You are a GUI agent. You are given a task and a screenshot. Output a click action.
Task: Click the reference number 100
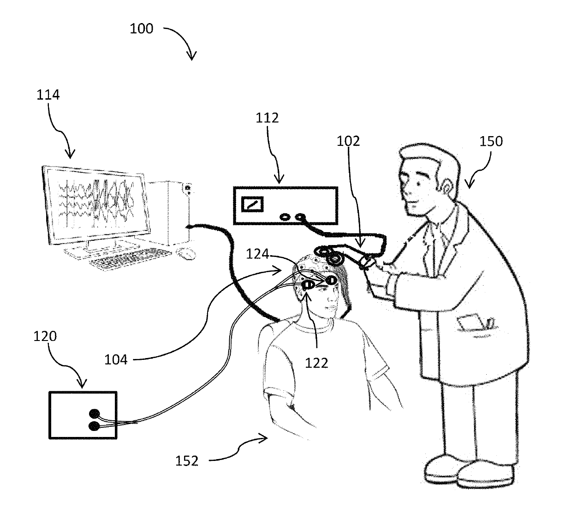[x=141, y=29]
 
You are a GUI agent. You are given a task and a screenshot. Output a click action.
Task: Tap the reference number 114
[x=48, y=95]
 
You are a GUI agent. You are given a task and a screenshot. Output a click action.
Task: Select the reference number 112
[x=268, y=118]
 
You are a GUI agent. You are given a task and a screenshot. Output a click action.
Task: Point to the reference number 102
[x=348, y=141]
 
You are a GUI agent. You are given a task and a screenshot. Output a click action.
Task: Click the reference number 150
[x=491, y=141]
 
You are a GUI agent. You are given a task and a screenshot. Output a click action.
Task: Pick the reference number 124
[x=257, y=254]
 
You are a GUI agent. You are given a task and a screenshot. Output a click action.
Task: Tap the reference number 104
[x=116, y=359]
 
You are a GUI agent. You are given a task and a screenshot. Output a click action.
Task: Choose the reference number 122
[x=317, y=363]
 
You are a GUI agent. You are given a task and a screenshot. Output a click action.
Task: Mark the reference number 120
[x=45, y=336]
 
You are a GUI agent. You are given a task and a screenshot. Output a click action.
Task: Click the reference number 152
[x=187, y=460]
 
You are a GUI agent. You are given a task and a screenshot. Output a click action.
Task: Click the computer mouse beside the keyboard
[x=185, y=253]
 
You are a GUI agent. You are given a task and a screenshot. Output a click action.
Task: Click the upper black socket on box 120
[x=95, y=414]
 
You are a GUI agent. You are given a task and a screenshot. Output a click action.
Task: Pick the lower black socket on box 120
[x=94, y=426]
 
